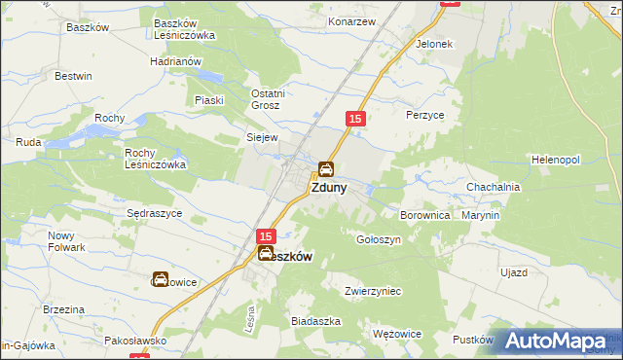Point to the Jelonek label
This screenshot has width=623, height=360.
click(434, 45)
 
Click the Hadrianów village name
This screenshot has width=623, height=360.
click(175, 60)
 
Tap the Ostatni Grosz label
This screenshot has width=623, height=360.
click(259, 99)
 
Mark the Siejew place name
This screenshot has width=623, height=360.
click(263, 137)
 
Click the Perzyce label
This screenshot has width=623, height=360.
click(424, 114)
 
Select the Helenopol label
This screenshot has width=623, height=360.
click(556, 159)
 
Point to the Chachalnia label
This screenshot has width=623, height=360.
click(494, 187)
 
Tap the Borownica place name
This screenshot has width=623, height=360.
click(425, 214)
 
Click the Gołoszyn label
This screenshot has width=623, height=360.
click(380, 238)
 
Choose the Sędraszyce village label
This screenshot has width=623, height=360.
click(155, 213)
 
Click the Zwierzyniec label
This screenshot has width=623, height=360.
click(374, 290)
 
